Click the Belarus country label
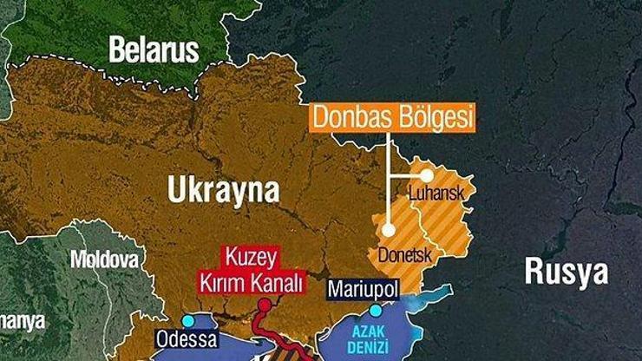(x=154, y=49)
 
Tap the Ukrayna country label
(x=224, y=191)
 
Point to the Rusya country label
(x=566, y=272)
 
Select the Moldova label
(x=104, y=259)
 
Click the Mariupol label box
(x=363, y=290)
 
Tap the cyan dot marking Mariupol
(x=375, y=310)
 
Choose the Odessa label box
(x=187, y=338)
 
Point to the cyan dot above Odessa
(x=187, y=320)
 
